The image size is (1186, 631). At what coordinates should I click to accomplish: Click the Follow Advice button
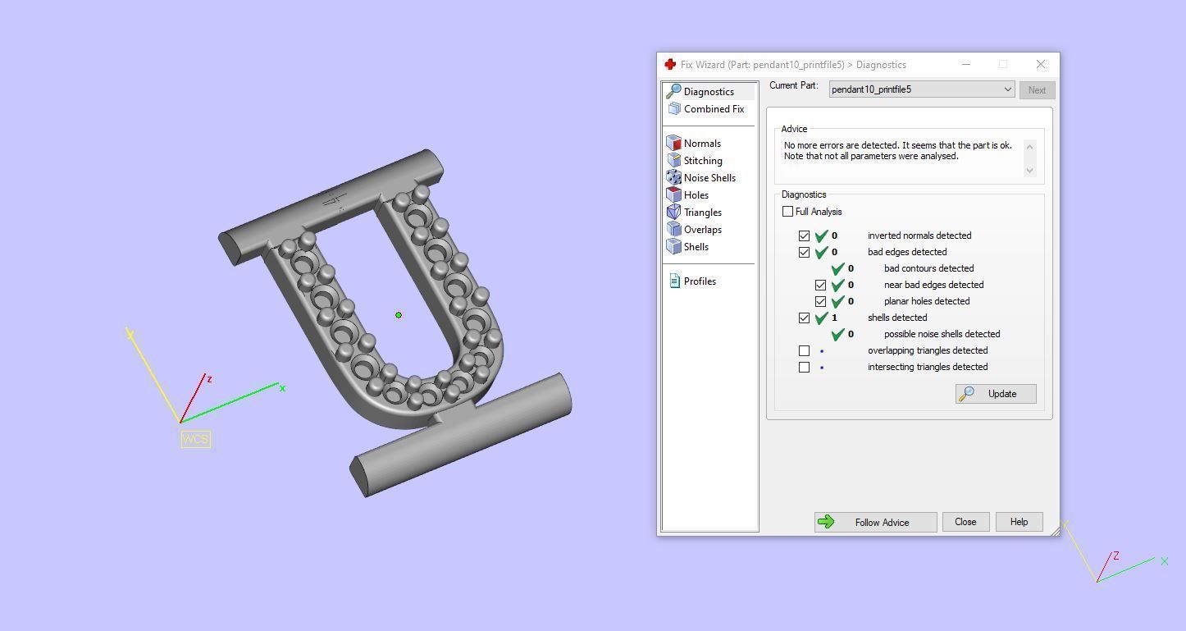click(875, 522)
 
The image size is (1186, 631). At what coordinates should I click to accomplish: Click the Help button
click(1019, 522)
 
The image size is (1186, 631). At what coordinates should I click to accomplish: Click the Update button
click(996, 394)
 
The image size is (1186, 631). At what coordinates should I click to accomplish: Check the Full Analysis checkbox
click(788, 212)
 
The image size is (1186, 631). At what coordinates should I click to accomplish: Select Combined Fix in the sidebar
click(713, 109)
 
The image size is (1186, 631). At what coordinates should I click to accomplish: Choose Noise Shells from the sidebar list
click(709, 178)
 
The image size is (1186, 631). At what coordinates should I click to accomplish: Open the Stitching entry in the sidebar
click(702, 161)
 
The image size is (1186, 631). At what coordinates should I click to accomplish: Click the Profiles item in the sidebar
click(699, 281)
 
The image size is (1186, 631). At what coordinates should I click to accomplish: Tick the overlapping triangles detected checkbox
click(805, 351)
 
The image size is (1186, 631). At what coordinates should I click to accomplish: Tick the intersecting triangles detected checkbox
click(805, 368)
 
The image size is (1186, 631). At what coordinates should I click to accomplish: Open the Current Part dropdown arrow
click(1007, 90)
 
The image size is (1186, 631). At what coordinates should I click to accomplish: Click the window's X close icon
click(1041, 64)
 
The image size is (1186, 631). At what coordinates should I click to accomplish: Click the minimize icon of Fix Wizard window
click(966, 64)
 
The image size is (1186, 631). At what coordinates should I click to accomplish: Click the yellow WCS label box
click(195, 439)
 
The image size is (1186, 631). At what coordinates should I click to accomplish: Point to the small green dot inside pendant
click(399, 315)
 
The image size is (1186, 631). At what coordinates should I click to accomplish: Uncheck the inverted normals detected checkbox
click(805, 236)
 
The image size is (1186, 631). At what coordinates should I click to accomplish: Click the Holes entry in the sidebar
click(696, 195)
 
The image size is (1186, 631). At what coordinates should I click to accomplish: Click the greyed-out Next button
click(1037, 90)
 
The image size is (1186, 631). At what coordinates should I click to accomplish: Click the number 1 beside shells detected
click(834, 318)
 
